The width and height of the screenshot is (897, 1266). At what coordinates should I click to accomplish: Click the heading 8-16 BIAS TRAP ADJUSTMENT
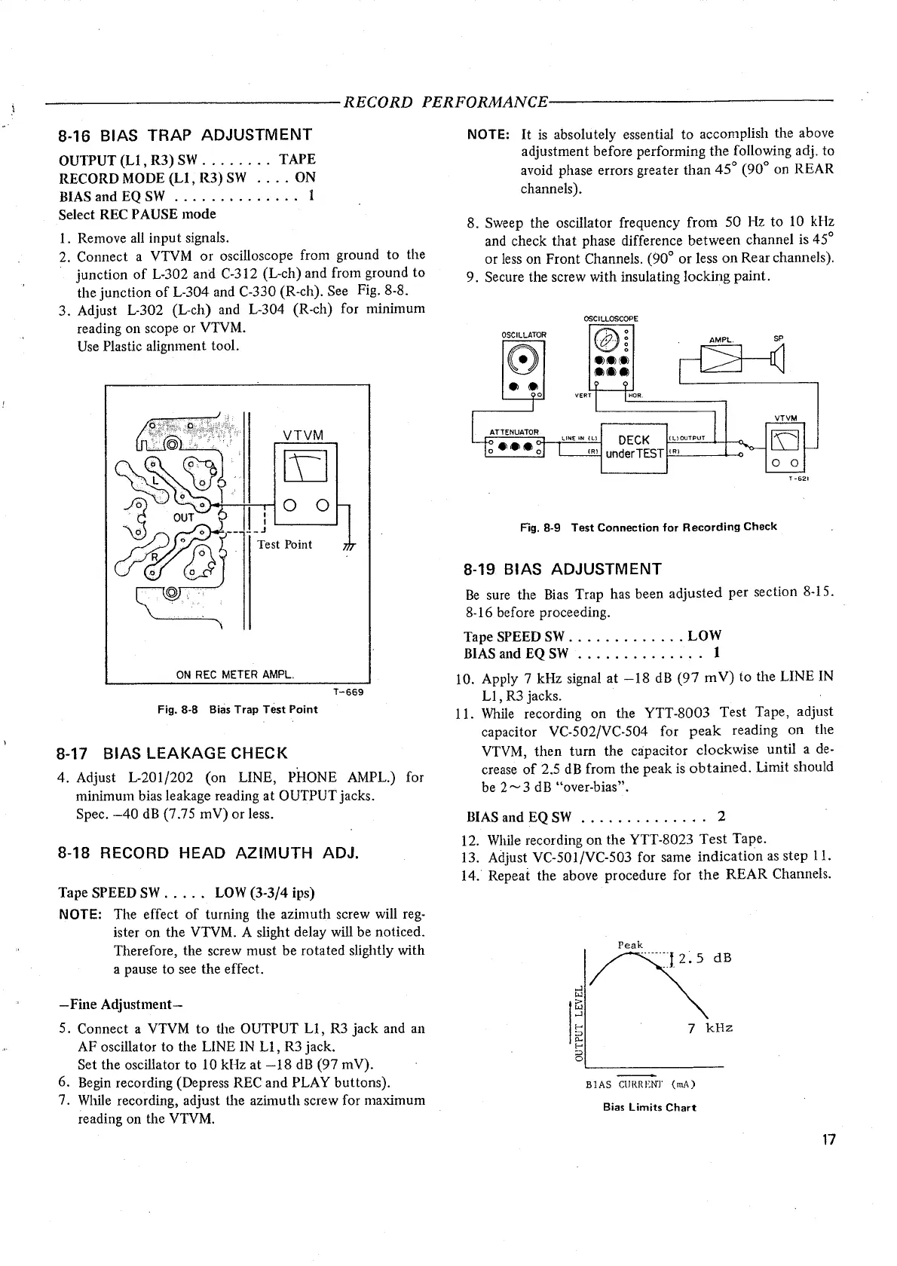click(x=185, y=135)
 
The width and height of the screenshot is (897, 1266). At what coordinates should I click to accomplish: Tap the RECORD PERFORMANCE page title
click(x=445, y=102)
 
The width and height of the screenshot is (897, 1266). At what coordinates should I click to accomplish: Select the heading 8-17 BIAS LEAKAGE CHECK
click(x=173, y=753)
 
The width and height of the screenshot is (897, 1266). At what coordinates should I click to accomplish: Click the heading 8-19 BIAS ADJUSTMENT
click(x=563, y=568)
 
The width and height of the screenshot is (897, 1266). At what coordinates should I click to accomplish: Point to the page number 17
click(x=828, y=1140)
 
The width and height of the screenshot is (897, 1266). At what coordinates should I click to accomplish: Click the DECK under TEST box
click(x=634, y=446)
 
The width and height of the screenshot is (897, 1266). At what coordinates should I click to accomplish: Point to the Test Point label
click(x=284, y=544)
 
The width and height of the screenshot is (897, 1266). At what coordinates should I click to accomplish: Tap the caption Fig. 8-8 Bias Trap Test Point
click(x=237, y=709)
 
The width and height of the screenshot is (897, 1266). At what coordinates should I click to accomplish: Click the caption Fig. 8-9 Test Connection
click(x=648, y=527)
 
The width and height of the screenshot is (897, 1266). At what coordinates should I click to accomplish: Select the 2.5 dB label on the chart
click(x=705, y=959)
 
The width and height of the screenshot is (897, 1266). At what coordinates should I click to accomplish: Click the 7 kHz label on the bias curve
click(x=710, y=1028)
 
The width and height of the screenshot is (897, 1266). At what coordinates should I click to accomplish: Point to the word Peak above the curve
click(x=630, y=945)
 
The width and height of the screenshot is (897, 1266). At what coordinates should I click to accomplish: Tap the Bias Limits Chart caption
click(x=649, y=1107)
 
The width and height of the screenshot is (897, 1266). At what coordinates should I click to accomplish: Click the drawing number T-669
click(x=347, y=692)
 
